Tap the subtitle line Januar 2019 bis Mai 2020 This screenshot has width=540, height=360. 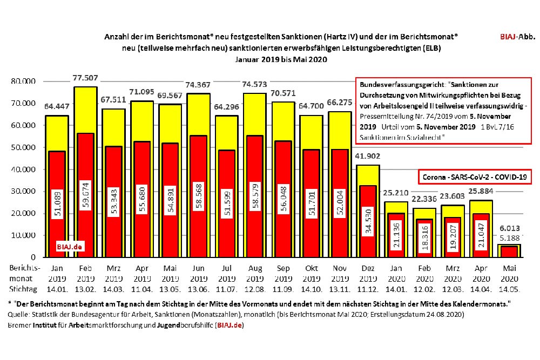point(281,59)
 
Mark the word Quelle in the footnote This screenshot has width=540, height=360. point(19,314)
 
